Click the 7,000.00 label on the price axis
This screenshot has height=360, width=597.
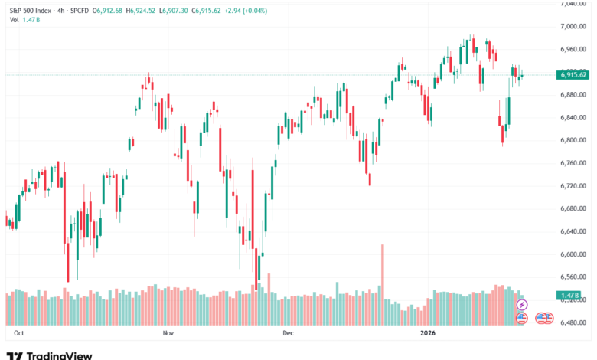click(x=573, y=26)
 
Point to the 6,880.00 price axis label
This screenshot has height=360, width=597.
click(x=573, y=95)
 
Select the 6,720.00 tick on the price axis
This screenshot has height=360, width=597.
click(x=573, y=186)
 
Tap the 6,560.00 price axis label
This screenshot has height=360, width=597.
click(x=573, y=277)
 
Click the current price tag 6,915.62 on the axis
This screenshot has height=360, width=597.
click(x=573, y=74)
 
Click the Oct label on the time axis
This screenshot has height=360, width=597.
click(x=20, y=334)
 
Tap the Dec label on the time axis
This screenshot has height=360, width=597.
click(x=288, y=334)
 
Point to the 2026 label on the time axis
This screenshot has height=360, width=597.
click(x=428, y=334)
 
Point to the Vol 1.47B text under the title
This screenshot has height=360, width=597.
click(x=24, y=18)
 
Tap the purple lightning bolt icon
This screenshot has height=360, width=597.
click(x=523, y=305)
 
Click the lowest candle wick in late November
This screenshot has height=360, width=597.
click(x=258, y=287)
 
